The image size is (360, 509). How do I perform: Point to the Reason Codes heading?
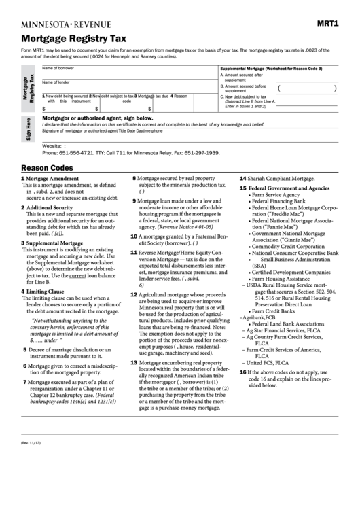pyautogui.click(x=47, y=167)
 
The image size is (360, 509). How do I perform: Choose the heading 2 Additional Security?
pyautogui.click(x=48, y=207)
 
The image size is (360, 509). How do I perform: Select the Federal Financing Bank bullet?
pyautogui.click(x=280, y=202)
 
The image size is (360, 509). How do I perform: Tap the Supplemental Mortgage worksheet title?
pyautogui.click(x=270, y=69)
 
